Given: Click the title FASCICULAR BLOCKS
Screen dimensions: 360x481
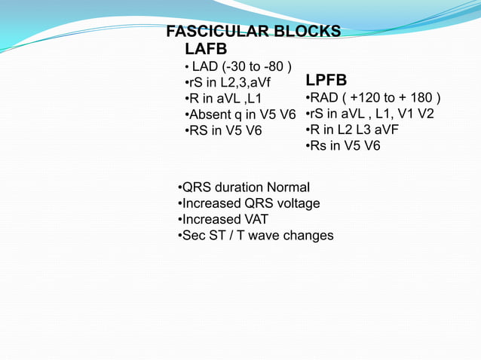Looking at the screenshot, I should click(253, 32).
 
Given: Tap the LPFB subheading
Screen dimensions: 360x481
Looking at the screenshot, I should click(326, 81).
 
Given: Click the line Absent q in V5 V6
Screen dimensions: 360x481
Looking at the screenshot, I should click(240, 114).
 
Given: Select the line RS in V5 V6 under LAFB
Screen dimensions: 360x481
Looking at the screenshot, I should click(222, 131).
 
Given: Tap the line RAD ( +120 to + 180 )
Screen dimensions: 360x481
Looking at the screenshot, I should click(372, 99).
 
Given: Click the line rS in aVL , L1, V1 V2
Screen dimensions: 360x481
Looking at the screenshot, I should click(369, 114).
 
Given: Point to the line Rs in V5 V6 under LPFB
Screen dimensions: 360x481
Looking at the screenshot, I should click(342, 146).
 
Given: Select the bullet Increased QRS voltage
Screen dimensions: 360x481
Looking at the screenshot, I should click(248, 203).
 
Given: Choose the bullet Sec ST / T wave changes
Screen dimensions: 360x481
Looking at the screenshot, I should click(255, 236).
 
